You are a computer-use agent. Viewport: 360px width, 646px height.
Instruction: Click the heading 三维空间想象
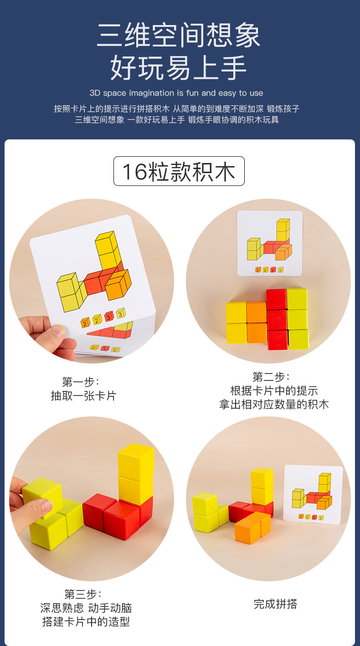click(179, 36)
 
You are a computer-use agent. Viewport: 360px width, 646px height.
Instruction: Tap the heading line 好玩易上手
click(179, 68)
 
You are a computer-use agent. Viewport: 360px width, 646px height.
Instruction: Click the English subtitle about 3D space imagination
click(176, 93)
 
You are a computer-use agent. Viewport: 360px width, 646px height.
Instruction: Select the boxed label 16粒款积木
click(179, 171)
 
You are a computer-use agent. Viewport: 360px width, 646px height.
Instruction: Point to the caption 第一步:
click(81, 381)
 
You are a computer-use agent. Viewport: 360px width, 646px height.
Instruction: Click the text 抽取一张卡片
click(83, 395)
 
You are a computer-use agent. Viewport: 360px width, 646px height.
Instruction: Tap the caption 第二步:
click(271, 377)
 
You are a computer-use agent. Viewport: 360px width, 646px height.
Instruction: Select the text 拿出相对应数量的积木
click(274, 404)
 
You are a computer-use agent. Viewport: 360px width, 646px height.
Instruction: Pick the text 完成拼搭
click(275, 604)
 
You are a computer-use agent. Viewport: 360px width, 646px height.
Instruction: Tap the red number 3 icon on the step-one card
click(109, 316)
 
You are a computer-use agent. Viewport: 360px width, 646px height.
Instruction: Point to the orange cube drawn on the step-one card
click(118, 285)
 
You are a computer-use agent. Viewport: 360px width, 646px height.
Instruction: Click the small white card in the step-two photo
click(269, 243)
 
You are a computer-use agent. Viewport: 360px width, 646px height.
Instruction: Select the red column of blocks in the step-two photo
click(277, 318)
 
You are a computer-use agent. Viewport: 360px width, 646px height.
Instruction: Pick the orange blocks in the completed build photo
click(252, 527)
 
